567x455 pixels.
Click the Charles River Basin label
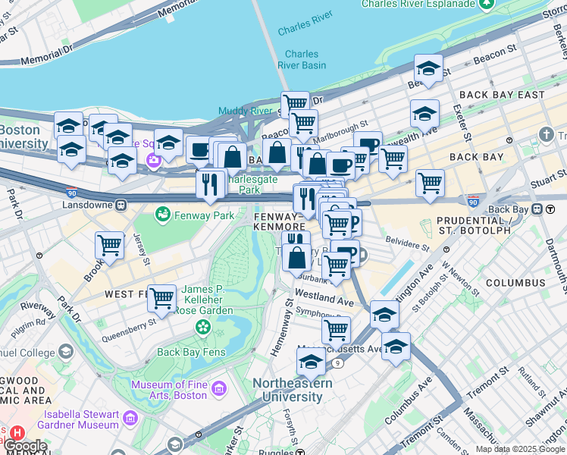(302, 59)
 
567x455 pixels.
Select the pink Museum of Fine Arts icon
(219, 389)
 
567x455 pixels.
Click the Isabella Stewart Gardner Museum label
(72, 419)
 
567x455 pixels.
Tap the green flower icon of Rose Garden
(202, 327)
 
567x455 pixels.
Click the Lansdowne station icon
(121, 205)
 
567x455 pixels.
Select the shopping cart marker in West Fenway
(161, 298)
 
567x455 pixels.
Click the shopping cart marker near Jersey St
(110, 245)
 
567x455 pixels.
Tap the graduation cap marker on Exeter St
(424, 113)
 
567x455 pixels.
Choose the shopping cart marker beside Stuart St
(430, 183)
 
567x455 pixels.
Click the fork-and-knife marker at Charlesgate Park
(210, 184)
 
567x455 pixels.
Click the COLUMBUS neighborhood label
(515, 283)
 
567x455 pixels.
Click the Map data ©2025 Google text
(520, 449)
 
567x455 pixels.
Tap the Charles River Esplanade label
(418, 5)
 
